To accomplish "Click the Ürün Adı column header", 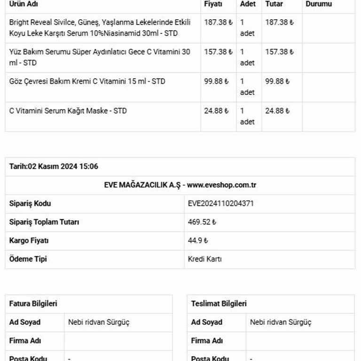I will [x=24, y=4].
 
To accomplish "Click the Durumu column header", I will [x=318, y=4].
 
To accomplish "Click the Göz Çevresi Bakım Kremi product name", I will [x=87, y=81].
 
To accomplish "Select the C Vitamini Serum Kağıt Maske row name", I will [x=68, y=111].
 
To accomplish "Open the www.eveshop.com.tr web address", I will [x=221, y=185].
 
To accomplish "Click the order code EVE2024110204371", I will [x=221, y=204].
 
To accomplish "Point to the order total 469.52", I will [x=202, y=222].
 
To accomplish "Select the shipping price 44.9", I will [x=197, y=240].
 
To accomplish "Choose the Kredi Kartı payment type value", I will [x=204, y=259].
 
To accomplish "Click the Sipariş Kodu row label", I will [x=30, y=204].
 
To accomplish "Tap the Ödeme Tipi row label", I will [x=28, y=259].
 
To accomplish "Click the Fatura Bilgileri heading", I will [x=33, y=304].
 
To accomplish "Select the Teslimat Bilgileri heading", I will [x=219, y=304].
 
